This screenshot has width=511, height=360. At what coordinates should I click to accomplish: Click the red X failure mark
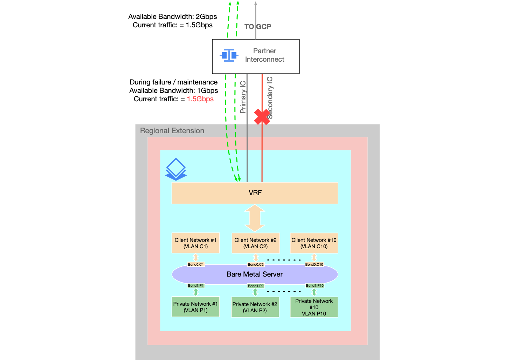point(262,117)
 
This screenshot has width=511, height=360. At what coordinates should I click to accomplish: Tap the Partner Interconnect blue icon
point(229,55)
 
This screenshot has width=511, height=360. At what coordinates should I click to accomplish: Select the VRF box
point(255,193)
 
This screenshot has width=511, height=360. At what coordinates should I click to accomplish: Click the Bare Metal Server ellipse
point(255,274)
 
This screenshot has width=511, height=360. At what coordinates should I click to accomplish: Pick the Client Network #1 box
point(195,243)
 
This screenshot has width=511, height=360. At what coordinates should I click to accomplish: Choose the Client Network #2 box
point(255,243)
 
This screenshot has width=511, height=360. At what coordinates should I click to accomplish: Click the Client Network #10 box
point(314,243)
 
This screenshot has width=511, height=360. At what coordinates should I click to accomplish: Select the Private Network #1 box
point(195,307)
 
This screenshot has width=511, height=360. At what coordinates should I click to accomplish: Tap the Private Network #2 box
point(255,307)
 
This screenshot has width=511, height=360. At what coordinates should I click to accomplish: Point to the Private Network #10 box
point(314,307)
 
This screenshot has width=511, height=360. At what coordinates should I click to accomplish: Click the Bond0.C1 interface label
point(196,264)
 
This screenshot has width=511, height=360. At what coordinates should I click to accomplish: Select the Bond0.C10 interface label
point(314,264)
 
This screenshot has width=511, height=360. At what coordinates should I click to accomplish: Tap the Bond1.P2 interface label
point(256,286)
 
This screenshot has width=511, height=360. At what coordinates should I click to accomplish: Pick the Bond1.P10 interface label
point(315,285)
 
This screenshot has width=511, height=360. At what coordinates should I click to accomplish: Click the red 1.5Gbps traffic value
point(200,99)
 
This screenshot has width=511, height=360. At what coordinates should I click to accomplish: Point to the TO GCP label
point(258,27)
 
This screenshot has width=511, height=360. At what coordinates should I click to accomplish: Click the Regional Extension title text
point(172,131)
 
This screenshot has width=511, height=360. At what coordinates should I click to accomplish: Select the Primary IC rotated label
point(243,97)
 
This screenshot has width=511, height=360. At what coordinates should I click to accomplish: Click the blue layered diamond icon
point(175,169)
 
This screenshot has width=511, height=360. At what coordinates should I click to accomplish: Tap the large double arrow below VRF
point(255,218)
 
